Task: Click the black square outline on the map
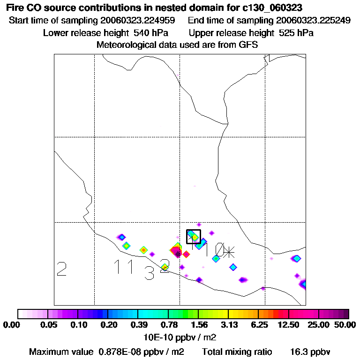tap(194, 236)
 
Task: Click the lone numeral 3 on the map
tap(149, 273)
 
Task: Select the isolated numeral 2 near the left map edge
tap(61, 269)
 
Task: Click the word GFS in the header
tap(248, 45)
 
